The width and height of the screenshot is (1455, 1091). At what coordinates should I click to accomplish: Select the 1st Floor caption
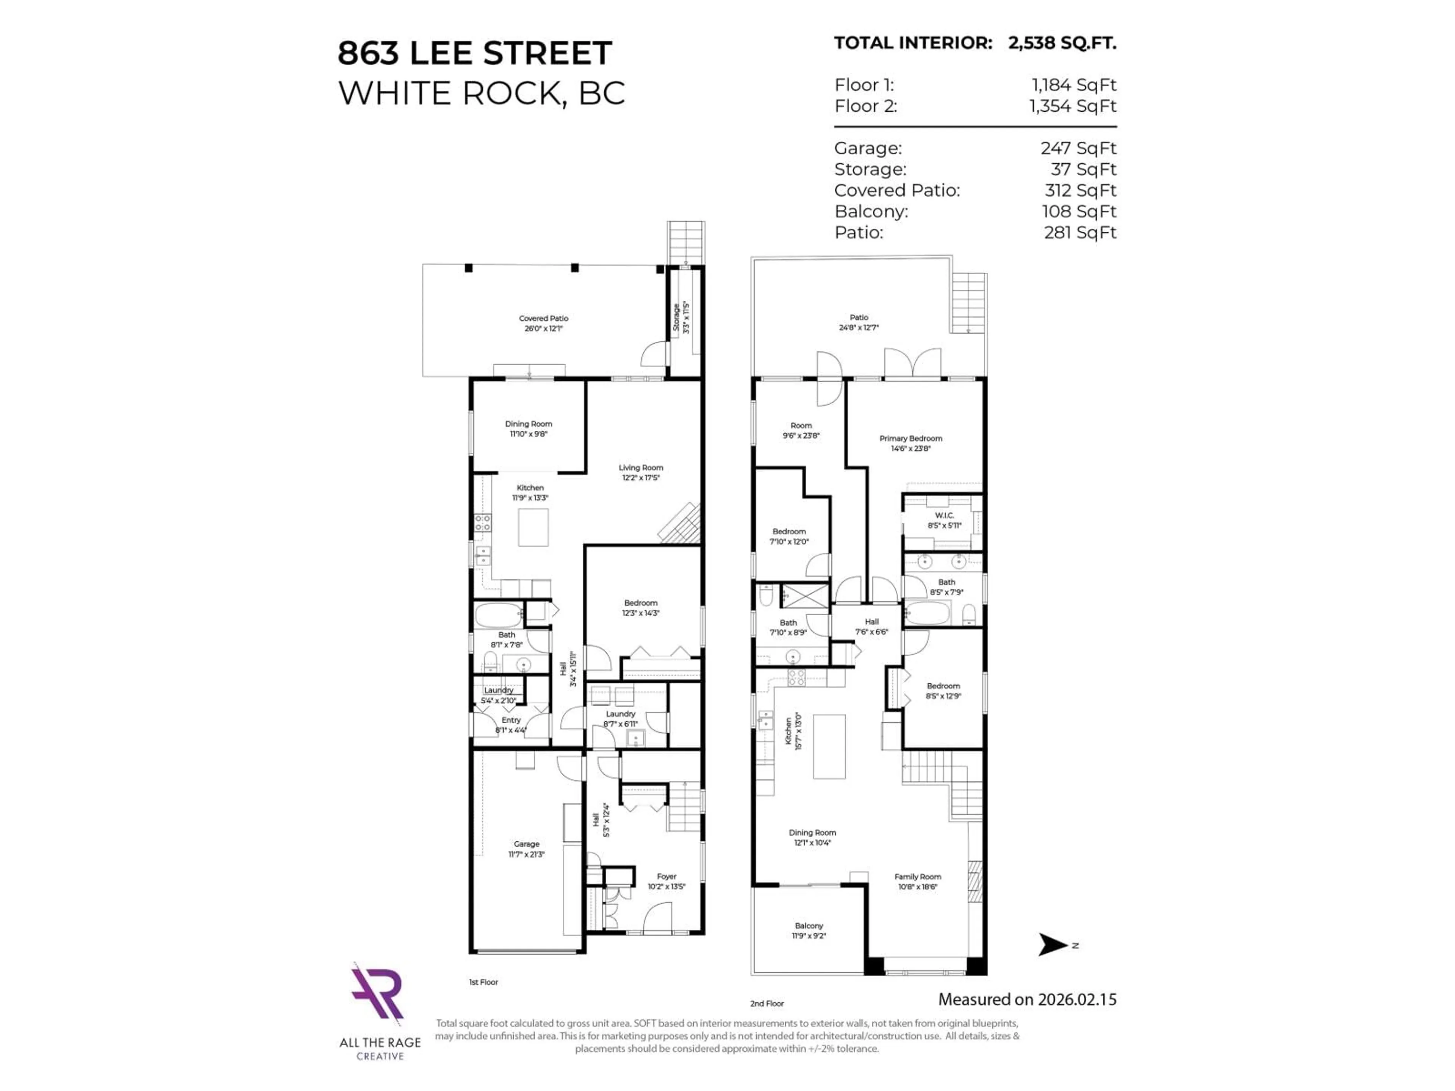483,982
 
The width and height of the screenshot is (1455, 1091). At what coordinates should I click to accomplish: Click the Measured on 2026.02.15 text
1027,1000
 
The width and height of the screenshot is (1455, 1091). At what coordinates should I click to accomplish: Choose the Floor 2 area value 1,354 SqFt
1073,106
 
